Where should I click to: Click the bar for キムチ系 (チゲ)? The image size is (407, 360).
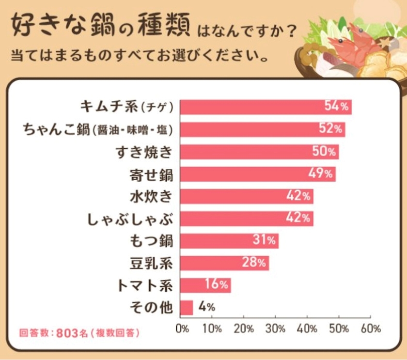click(x=266, y=107)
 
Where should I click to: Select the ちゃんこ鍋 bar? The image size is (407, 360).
click(x=263, y=129)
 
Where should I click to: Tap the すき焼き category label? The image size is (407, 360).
click(x=144, y=152)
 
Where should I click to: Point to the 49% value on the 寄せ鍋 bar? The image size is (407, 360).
click(x=320, y=173)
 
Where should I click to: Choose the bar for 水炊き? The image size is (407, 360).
click(x=247, y=197)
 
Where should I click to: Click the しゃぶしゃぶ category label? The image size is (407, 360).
click(x=130, y=219)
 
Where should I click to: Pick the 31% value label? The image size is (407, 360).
click(x=264, y=239)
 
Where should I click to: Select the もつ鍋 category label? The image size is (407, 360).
click(x=151, y=241)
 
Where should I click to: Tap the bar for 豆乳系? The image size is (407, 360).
click(x=224, y=263)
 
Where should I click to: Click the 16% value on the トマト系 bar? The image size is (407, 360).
click(x=217, y=284)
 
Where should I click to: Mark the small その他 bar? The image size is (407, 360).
click(x=187, y=308)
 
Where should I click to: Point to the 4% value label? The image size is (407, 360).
click(x=207, y=307)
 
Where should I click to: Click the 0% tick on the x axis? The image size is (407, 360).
click(x=182, y=329)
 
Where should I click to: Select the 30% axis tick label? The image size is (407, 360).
click(x=275, y=329)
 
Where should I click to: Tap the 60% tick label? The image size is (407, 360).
click(x=371, y=329)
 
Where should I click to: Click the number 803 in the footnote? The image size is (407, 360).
click(x=67, y=333)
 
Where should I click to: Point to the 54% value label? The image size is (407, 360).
click(x=336, y=106)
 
